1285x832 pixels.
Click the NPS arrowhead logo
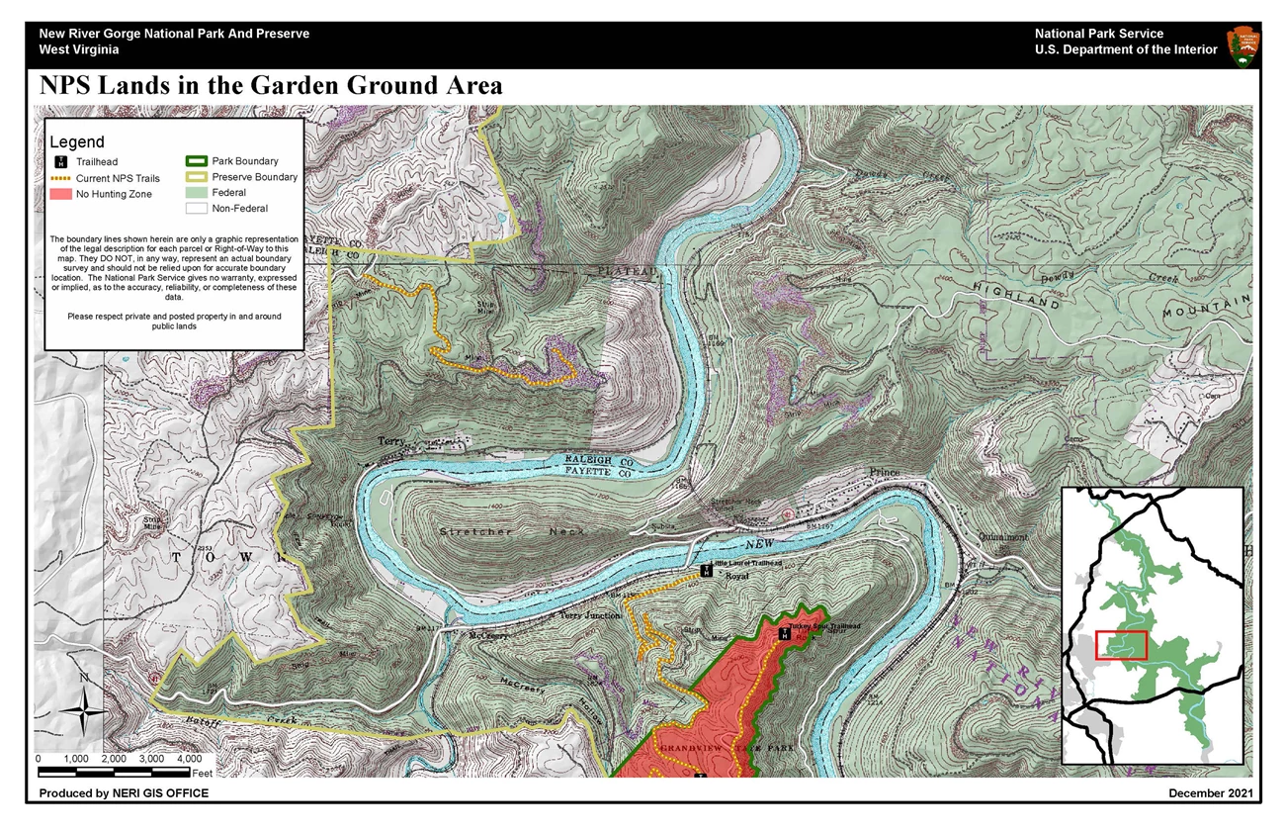pyautogui.click(x=1242, y=46)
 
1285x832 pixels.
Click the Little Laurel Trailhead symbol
pyautogui.click(x=707, y=571)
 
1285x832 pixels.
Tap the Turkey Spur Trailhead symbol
pyautogui.click(x=784, y=633)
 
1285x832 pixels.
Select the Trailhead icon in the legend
pyautogui.click(x=61, y=161)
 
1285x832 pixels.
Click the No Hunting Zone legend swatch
pyautogui.click(x=61, y=194)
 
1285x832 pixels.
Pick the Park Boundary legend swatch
pyautogui.click(x=195, y=161)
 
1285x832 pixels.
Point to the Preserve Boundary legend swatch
pyautogui.click(x=195, y=177)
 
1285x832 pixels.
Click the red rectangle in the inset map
pyautogui.click(x=1119, y=645)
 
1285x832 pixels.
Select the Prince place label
pyautogui.click(x=885, y=472)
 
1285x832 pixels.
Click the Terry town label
pyautogui.click(x=391, y=441)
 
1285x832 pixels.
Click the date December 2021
pyautogui.click(x=1210, y=793)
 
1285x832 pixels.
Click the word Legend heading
pyautogui.click(x=76, y=142)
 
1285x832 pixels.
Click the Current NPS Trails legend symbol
pyautogui.click(x=61, y=178)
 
